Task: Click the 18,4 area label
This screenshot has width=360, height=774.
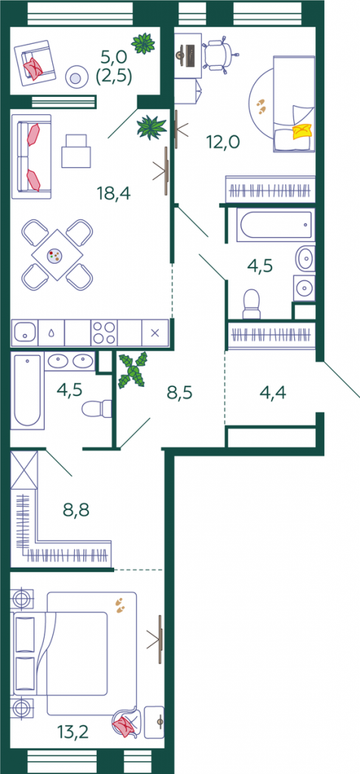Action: point(114,193)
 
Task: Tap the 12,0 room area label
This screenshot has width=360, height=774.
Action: point(222,142)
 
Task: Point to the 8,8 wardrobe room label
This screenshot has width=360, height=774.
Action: point(76,509)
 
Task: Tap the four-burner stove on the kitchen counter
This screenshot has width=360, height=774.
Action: point(104,333)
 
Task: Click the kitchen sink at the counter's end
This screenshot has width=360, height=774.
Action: point(25,333)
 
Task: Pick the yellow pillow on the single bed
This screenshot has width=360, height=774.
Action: point(303,131)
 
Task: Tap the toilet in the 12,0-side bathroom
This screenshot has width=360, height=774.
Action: point(251,304)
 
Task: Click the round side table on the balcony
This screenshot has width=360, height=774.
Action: point(76,78)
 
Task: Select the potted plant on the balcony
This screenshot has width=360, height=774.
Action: point(144,43)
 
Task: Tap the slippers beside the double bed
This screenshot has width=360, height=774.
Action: point(120,605)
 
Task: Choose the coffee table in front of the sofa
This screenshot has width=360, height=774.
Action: point(76,150)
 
